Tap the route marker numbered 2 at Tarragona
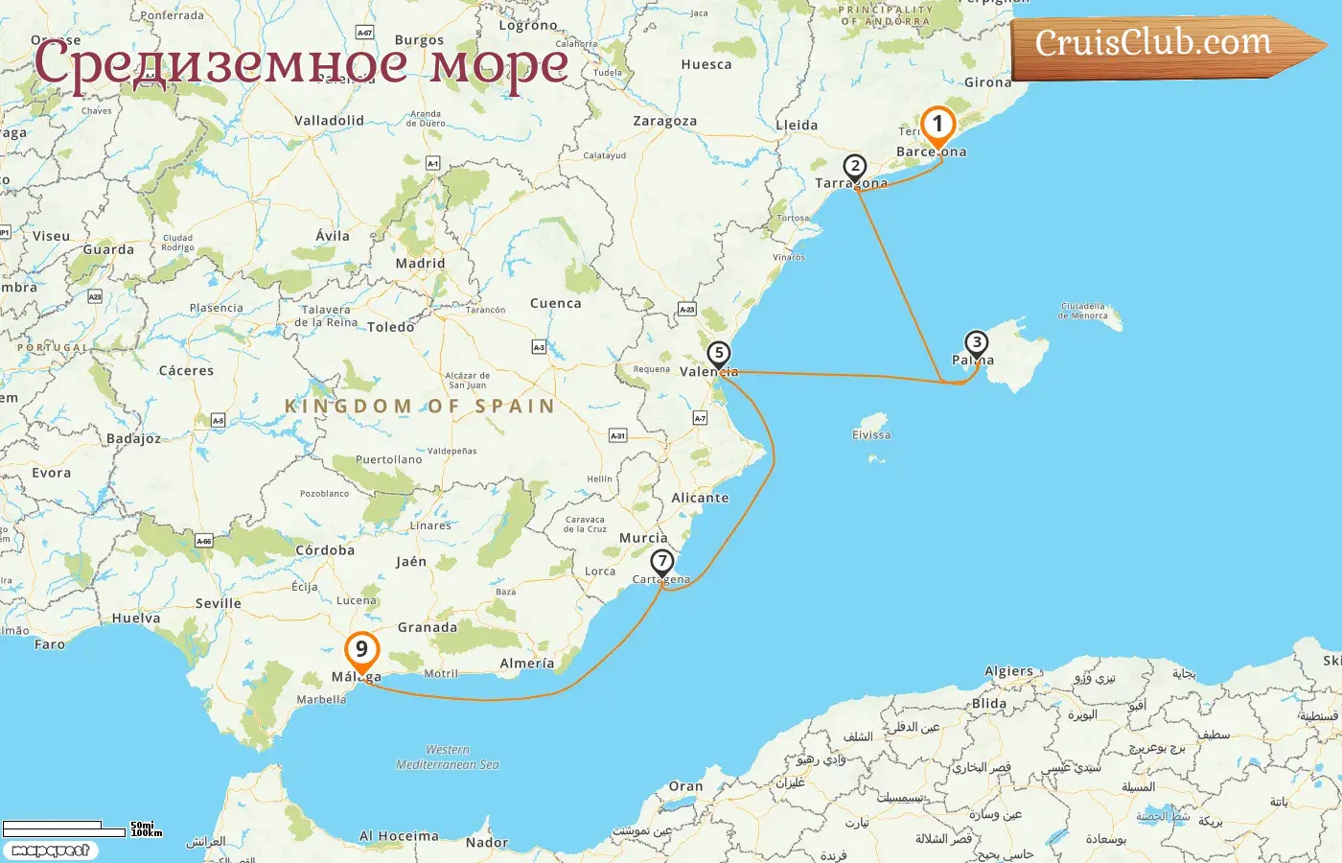(x=855, y=167)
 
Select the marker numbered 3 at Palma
(x=976, y=343)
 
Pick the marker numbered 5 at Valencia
(x=719, y=354)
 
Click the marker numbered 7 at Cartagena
(x=661, y=562)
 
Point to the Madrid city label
(x=420, y=264)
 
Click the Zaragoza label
(x=664, y=122)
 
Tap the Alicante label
(x=700, y=499)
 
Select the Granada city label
(x=428, y=628)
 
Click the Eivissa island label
(x=871, y=435)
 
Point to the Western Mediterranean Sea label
(x=448, y=758)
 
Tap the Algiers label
(x=1009, y=672)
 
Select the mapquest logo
(x=50, y=851)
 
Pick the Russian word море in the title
(x=498, y=65)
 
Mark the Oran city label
(x=685, y=787)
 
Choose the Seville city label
(x=219, y=604)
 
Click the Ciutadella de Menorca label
(x=1082, y=311)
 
